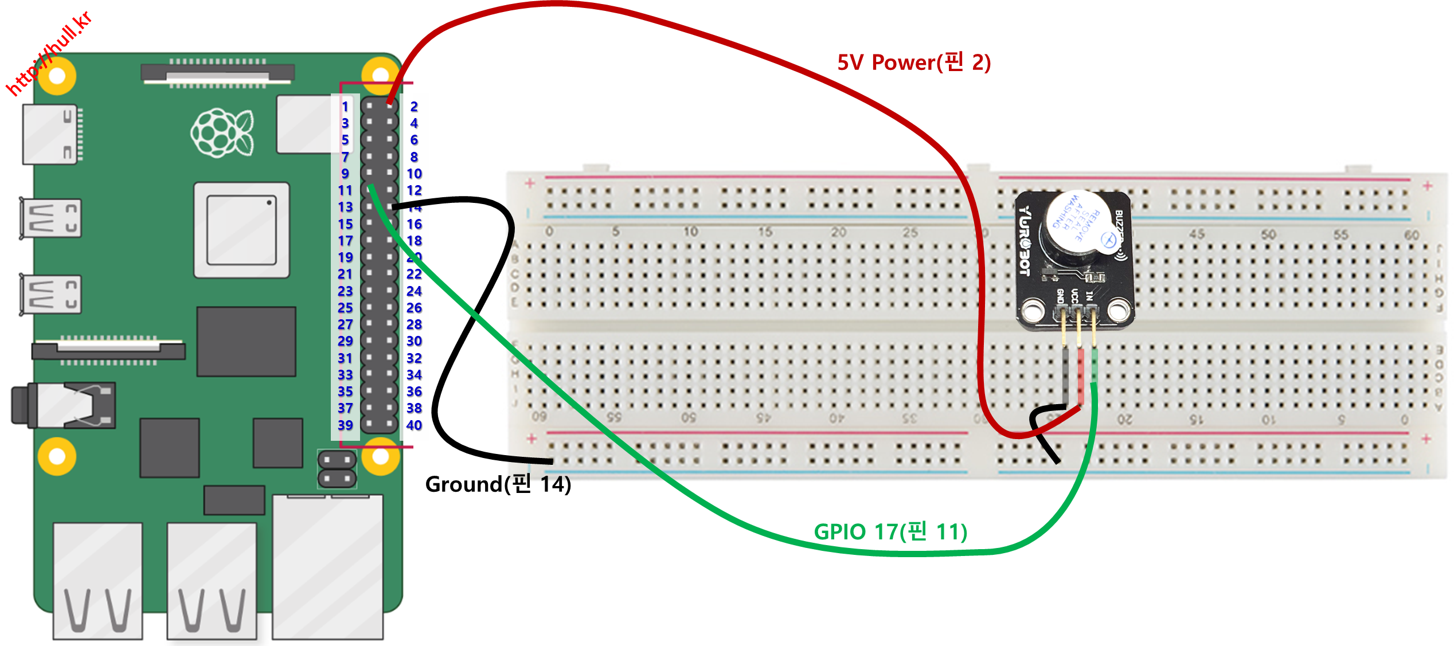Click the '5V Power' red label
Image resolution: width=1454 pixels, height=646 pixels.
tap(914, 62)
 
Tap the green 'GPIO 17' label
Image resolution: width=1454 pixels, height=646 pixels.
tap(890, 532)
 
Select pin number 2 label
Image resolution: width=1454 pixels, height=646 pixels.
tap(414, 107)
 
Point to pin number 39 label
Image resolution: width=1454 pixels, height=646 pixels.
tap(345, 425)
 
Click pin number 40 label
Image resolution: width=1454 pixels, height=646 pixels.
tap(414, 425)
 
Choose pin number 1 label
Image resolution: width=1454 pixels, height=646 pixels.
tap(345, 107)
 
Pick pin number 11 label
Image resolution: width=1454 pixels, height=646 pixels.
tap(345, 190)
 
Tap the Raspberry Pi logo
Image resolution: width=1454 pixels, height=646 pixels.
tap(222, 132)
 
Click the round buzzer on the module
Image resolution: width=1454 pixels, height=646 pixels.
tap(1078, 229)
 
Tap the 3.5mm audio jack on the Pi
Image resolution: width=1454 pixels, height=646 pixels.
tap(63, 405)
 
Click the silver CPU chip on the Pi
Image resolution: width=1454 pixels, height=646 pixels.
tap(241, 230)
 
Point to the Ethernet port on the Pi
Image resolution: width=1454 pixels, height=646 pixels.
tap(327, 567)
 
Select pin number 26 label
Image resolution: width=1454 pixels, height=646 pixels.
tap(414, 308)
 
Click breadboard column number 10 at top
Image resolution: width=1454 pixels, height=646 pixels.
tap(690, 232)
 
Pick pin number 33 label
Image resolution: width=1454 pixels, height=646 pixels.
tap(345, 375)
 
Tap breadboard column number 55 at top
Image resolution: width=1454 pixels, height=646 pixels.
tap(1340, 234)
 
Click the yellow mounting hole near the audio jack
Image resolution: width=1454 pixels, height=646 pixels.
tap(57, 456)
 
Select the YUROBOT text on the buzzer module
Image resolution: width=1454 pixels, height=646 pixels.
tap(1024, 241)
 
